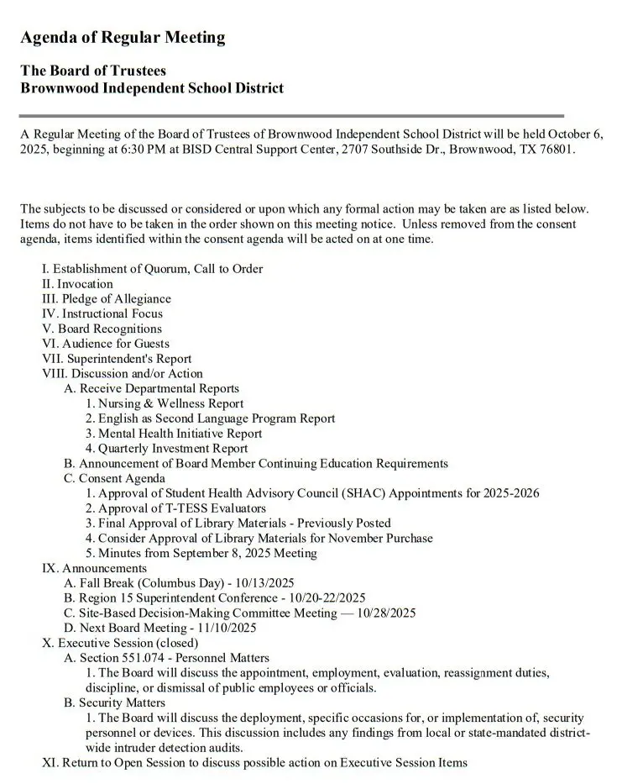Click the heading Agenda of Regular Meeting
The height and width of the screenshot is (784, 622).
(123, 38)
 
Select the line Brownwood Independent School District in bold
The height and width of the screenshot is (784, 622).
(152, 88)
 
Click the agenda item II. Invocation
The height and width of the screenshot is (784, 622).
(77, 284)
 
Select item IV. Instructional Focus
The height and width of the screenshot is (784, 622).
(102, 313)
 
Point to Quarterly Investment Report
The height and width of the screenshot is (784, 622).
(173, 449)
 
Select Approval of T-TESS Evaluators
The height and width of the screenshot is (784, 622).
(181, 508)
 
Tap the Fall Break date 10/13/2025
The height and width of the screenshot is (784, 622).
(263, 583)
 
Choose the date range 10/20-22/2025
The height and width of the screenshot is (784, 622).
(325, 598)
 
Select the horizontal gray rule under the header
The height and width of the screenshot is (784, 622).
(291, 115)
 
